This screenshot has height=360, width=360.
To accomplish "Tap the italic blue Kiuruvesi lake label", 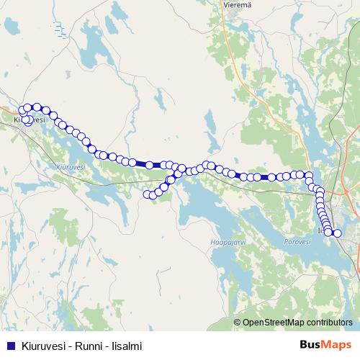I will (69, 166).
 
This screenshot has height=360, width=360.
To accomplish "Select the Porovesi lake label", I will (297, 242).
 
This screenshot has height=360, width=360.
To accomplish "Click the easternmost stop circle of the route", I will (337, 233).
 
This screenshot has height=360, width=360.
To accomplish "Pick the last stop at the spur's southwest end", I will (148, 194).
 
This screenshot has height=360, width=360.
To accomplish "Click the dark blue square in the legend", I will (10, 345).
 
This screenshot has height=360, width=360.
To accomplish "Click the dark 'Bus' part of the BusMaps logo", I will (311, 345).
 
